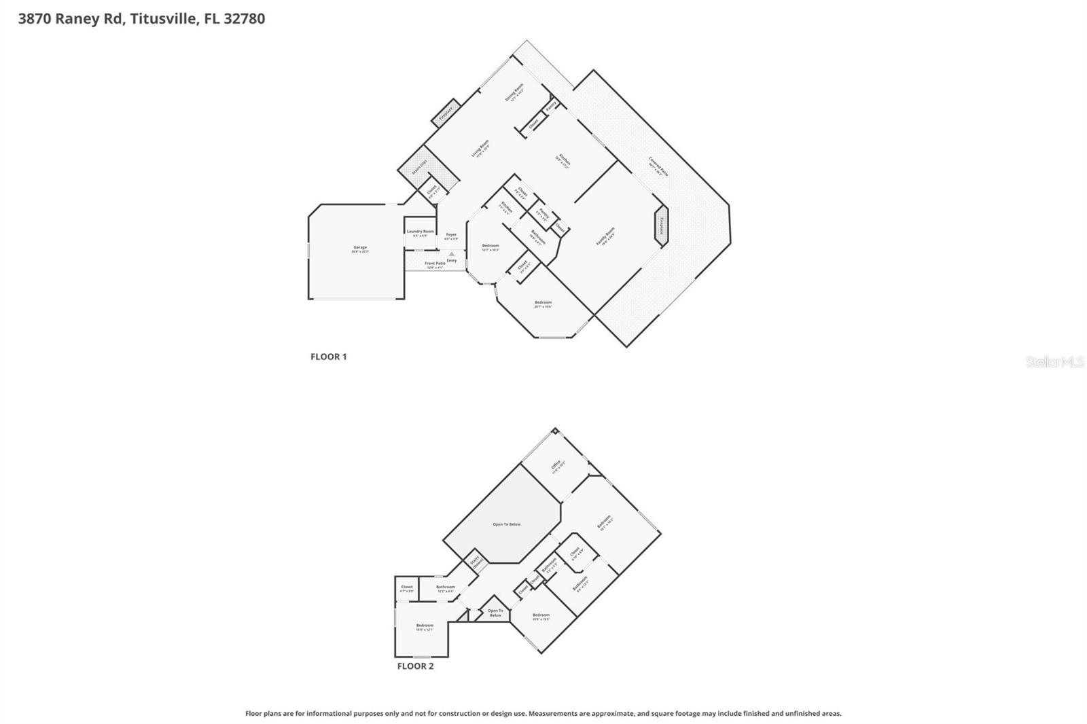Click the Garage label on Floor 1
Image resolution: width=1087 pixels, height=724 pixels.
[359, 248]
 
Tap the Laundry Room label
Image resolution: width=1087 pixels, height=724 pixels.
[420, 232]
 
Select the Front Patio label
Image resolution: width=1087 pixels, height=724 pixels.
[435, 264]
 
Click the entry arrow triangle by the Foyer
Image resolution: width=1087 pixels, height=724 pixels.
[451, 254]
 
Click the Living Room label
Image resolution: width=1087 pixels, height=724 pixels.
[480, 149]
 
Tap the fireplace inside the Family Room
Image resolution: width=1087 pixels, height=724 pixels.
[661, 223]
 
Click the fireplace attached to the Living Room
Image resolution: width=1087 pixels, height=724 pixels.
[446, 113]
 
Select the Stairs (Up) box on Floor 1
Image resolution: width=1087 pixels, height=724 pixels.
[419, 166]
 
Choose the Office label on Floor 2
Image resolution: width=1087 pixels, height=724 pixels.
[556, 465]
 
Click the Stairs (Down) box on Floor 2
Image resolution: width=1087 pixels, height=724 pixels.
[476, 563]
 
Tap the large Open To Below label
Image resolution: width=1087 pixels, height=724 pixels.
[506, 524]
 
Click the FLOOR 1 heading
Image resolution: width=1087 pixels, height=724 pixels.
[328, 357]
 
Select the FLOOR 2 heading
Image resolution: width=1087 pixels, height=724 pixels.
[415, 666]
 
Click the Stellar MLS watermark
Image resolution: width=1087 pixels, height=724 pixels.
[1054, 362]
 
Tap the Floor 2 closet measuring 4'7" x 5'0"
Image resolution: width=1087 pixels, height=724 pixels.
[406, 588]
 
